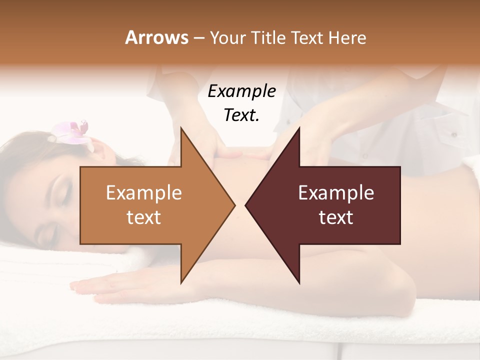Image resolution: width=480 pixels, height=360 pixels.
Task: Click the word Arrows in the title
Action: click(155, 37)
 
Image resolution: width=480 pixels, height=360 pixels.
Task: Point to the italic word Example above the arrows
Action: click(241, 91)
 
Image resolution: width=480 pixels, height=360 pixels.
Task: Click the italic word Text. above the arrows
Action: click(241, 115)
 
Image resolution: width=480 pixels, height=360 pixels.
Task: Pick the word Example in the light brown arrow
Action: click(143, 193)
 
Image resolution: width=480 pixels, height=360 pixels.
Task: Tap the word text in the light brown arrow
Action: click(143, 217)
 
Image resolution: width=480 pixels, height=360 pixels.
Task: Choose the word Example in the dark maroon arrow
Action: click(336, 193)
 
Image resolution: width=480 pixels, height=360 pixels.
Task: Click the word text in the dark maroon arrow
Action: click(336, 217)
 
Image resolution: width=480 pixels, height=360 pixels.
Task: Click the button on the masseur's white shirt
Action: click(454, 134)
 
